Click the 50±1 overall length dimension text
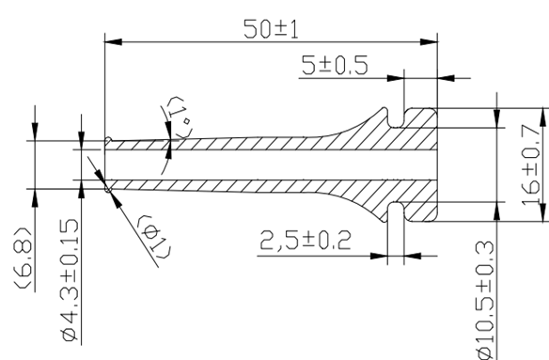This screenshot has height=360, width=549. [272, 29]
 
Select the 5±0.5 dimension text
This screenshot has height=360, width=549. [335, 65]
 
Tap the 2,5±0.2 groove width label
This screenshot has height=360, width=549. [305, 241]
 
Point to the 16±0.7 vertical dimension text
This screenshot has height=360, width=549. [530, 164]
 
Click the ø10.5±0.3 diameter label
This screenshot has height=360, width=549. [485, 301]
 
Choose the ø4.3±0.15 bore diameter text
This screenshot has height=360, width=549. [70, 280]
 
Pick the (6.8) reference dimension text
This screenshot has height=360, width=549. [23, 258]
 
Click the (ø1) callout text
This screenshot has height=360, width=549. [154, 238]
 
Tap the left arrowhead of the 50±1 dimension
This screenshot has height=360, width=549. [113, 42]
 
